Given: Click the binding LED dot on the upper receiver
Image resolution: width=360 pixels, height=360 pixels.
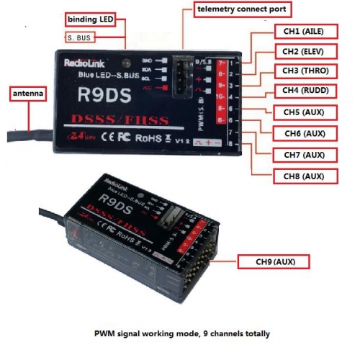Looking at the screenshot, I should tap(127, 63).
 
